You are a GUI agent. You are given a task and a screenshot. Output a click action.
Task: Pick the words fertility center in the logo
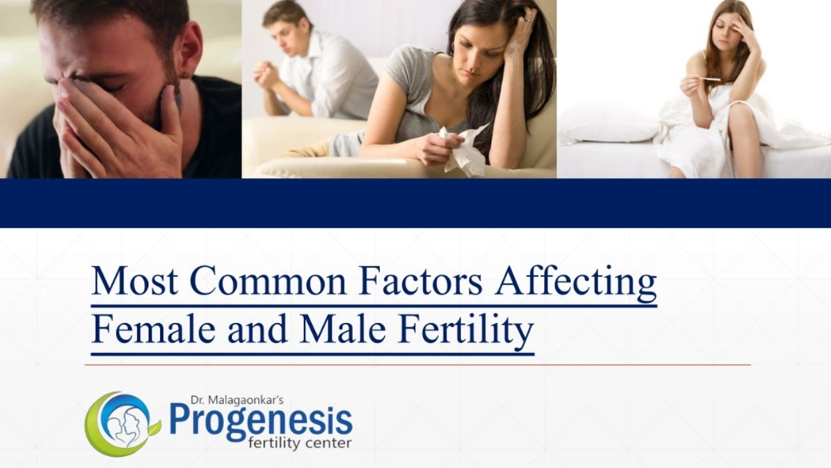click(x=300, y=442)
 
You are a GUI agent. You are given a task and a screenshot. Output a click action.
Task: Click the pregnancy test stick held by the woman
click(x=708, y=79)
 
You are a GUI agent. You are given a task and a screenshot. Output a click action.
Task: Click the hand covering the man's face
click(x=104, y=120)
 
